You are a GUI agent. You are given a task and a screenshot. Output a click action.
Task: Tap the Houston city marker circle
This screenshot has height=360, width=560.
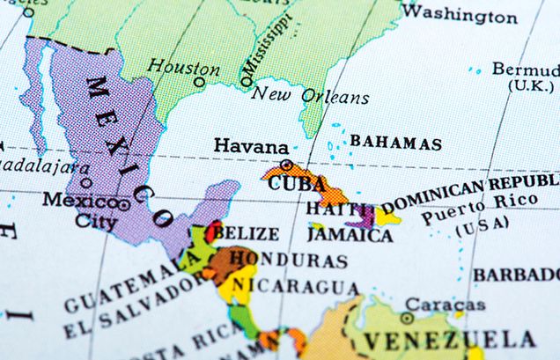[200, 83]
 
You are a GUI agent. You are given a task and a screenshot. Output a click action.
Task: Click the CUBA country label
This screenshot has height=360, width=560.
[291, 185]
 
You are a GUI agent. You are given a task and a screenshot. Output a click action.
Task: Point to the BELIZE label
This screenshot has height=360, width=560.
[247, 234]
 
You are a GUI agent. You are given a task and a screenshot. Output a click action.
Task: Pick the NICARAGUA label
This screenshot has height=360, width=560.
[296, 287]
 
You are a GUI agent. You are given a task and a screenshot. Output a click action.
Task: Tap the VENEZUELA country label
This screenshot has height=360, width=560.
[450, 340]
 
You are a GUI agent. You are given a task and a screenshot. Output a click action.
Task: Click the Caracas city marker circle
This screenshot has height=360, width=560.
[407, 319]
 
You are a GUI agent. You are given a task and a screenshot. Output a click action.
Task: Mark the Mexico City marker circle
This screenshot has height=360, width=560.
[124, 204]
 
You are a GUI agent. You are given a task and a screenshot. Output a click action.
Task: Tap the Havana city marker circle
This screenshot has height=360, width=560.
[285, 165]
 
